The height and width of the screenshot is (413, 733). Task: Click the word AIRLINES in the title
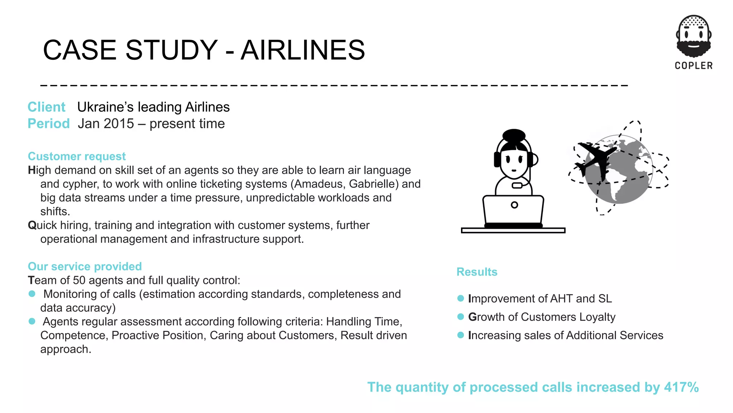click(303, 50)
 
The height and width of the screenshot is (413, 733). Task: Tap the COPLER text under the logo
click(694, 66)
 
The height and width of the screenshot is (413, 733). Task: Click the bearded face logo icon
click(694, 36)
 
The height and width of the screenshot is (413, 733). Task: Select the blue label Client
click(47, 107)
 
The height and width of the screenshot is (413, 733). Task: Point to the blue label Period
click(49, 123)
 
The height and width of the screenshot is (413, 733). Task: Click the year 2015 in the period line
click(120, 124)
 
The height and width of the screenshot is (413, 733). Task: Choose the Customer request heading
click(77, 156)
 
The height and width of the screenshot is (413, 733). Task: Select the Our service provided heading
click(85, 266)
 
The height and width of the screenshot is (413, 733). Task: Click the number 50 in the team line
click(79, 280)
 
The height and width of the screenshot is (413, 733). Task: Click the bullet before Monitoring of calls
click(32, 294)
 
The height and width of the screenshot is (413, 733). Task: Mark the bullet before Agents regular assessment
click(32, 321)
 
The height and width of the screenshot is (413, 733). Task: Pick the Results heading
click(477, 272)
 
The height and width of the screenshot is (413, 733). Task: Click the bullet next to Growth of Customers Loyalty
click(461, 317)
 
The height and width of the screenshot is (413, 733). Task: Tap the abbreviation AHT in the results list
click(561, 299)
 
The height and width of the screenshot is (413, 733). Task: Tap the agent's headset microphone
click(517, 185)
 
